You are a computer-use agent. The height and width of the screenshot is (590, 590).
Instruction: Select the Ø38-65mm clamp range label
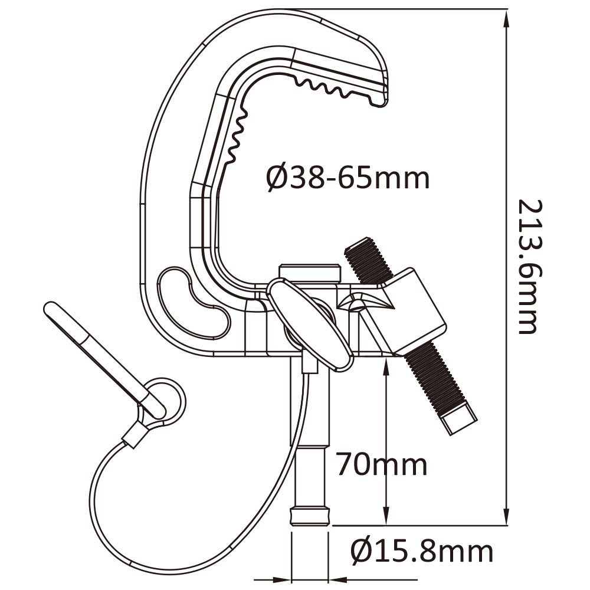[347, 177]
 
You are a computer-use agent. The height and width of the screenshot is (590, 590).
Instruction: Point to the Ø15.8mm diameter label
[421, 552]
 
